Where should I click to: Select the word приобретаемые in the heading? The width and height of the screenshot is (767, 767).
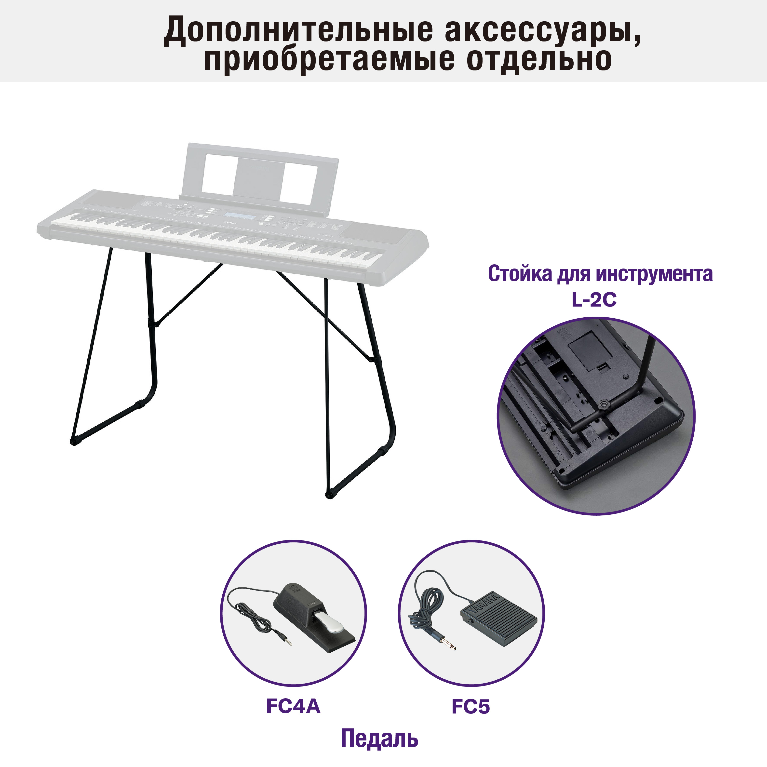tap(329, 60)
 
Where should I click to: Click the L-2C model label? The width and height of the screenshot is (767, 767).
tap(594, 300)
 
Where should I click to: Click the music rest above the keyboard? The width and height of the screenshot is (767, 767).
tap(260, 175)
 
